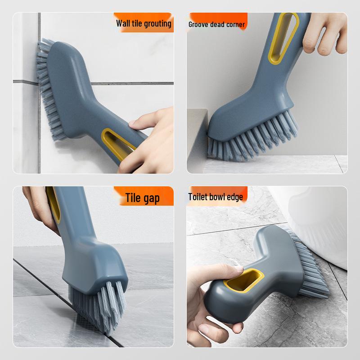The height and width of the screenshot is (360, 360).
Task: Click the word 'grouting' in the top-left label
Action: (x=157, y=23)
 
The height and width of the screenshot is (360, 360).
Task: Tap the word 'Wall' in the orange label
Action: (x=123, y=23)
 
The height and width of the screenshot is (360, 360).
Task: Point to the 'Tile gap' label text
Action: (x=143, y=198)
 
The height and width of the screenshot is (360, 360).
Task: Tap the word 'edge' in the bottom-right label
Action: (x=235, y=197)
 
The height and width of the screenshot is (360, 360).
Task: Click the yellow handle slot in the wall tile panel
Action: (x=118, y=140)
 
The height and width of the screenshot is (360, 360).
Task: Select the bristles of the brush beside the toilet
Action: (x=310, y=261)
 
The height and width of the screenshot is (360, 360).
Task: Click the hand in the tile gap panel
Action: (x=38, y=207)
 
